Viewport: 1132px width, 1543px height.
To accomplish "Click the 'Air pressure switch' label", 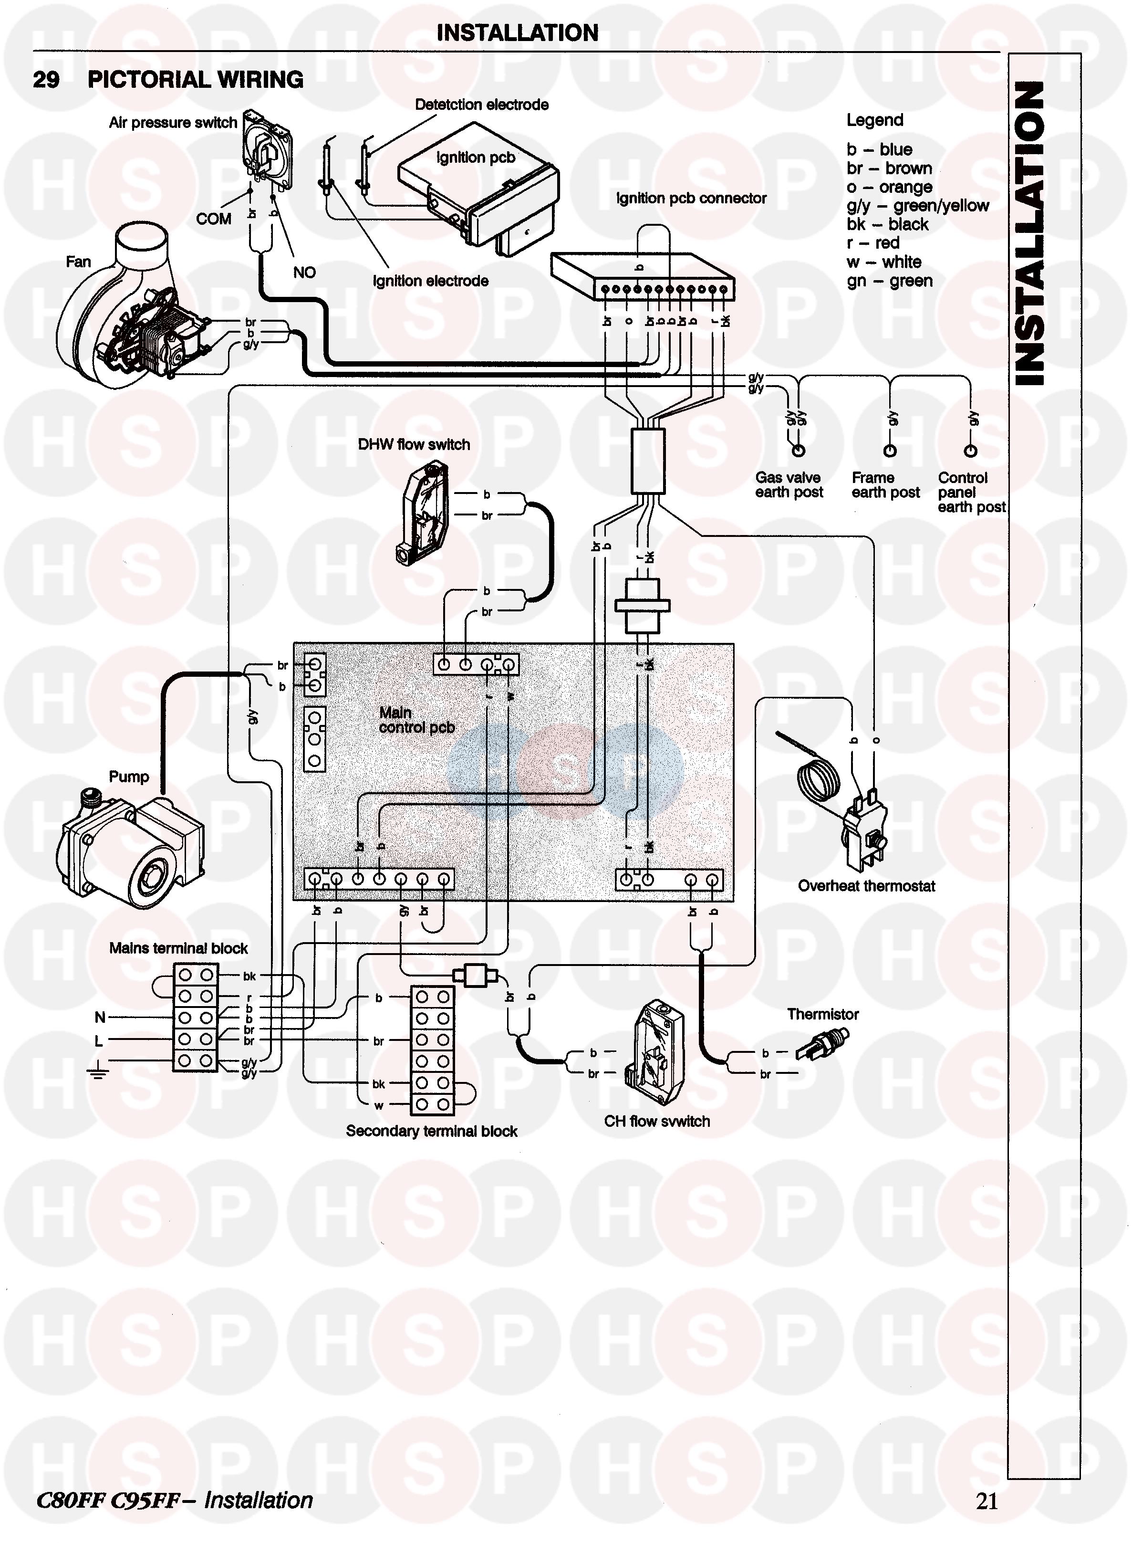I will (173, 123).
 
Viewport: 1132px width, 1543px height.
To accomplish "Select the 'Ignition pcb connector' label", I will (691, 198).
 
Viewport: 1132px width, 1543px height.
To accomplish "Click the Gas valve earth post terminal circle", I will (798, 451).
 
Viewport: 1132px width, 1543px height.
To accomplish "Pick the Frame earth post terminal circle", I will (889, 451).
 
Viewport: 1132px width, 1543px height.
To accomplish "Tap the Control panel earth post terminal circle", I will (970, 451).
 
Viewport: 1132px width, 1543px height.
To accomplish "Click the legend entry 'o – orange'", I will (889, 187).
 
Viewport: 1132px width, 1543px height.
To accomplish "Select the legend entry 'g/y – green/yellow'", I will (917, 206).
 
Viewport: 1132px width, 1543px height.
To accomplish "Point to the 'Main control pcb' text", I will (416, 720).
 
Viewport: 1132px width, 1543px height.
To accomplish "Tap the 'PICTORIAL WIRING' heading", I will (195, 80).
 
